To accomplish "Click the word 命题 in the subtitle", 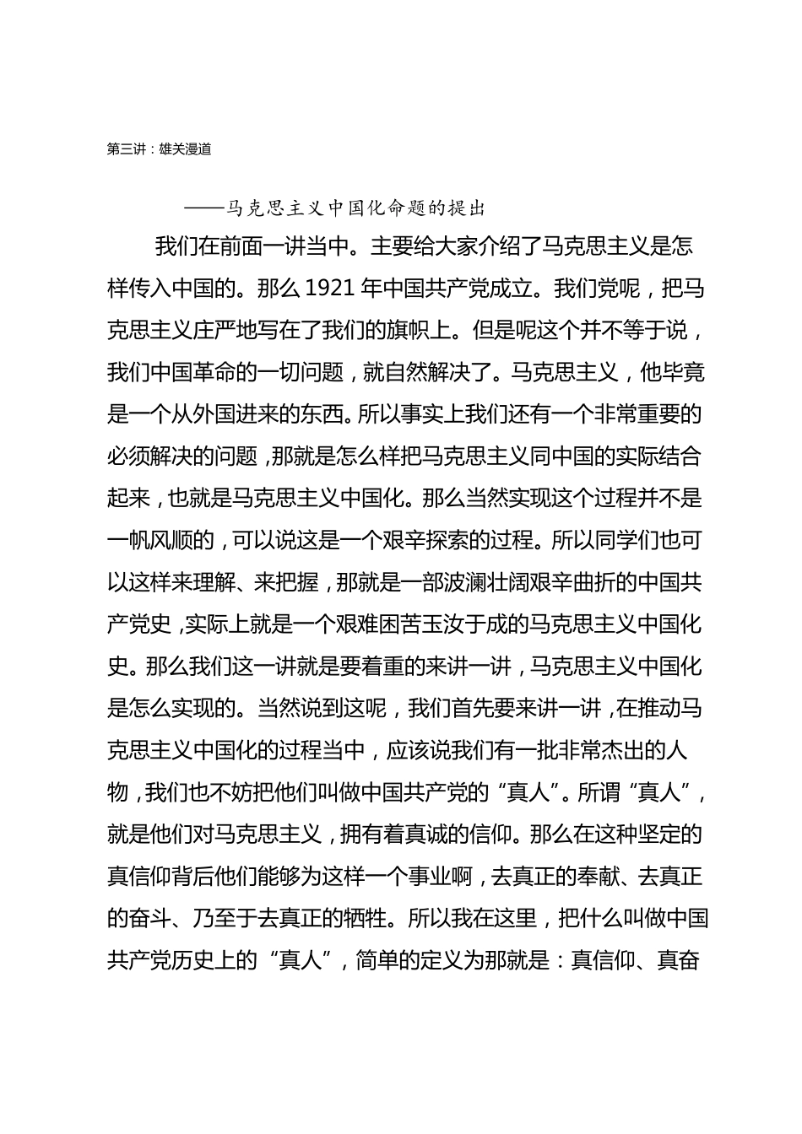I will [412, 208].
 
